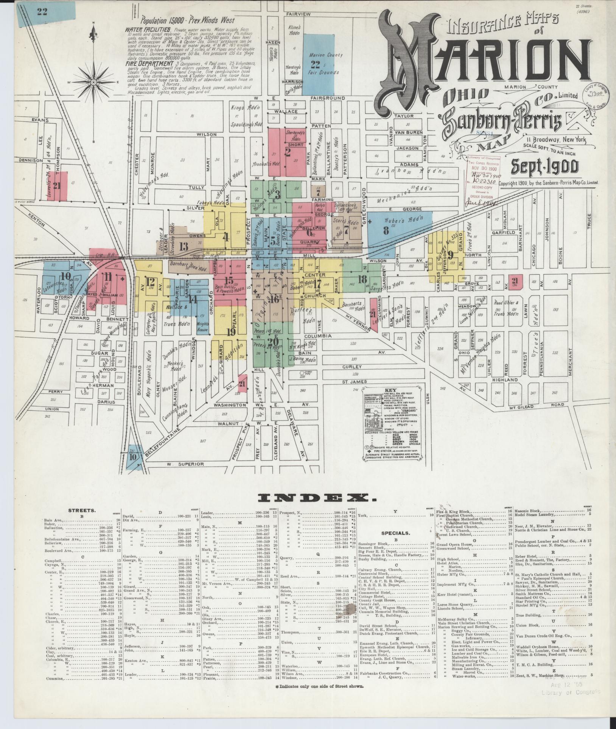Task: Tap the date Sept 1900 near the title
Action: [544, 166]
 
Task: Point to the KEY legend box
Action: [391, 423]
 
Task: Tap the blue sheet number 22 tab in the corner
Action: [42, 11]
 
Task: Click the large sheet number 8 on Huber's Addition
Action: [386, 230]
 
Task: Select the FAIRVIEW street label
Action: [298, 14]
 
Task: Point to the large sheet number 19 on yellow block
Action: [231, 333]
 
